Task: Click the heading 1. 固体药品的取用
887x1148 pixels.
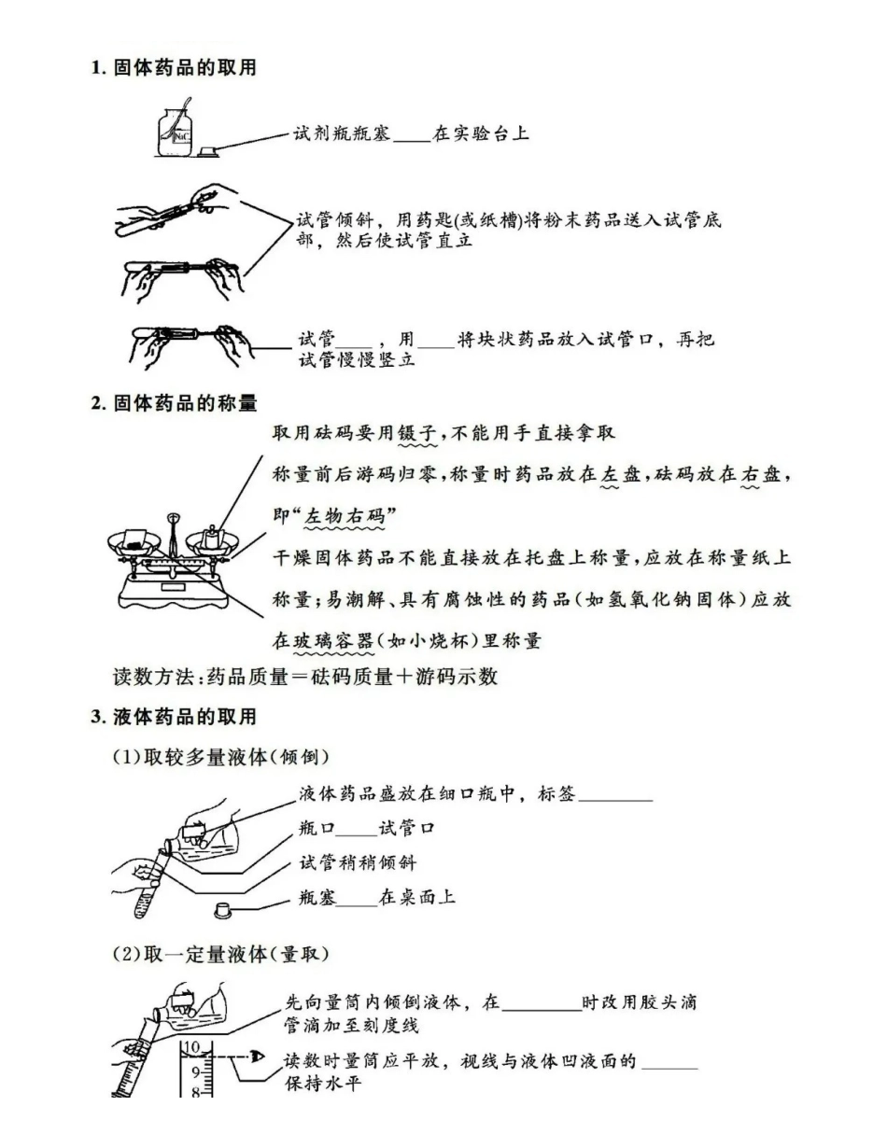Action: [x=173, y=67]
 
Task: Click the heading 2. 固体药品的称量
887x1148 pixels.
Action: [x=173, y=403]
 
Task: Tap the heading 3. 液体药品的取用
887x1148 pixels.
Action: [x=173, y=717]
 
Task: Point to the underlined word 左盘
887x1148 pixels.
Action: [x=621, y=474]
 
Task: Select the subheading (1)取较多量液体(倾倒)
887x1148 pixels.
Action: [x=220, y=756]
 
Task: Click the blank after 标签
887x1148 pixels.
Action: [x=615, y=797]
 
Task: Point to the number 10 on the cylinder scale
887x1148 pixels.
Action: [x=192, y=1046]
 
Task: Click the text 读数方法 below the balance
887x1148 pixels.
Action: [x=154, y=677]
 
